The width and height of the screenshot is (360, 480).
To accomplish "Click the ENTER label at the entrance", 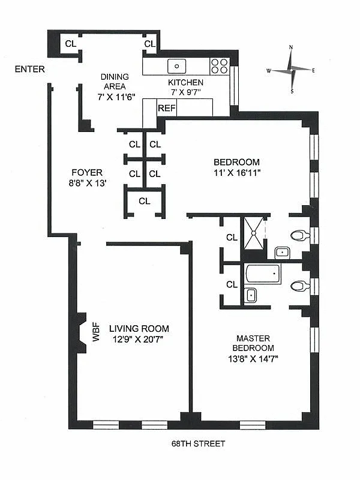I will (x=30, y=70).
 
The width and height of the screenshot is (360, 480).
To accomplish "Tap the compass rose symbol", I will (x=291, y=70).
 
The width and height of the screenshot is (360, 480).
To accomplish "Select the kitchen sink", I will (x=177, y=65).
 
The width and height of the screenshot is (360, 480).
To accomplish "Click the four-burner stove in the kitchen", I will (x=220, y=65).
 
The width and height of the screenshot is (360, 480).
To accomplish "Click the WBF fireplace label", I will (x=95, y=335).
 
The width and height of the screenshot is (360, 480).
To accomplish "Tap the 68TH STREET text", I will (x=197, y=444).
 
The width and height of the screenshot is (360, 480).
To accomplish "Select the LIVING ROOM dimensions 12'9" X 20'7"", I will (x=139, y=339).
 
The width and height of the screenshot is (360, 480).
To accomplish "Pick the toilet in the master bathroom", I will (x=298, y=286).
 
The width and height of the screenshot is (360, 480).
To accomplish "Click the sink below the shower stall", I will (x=281, y=253).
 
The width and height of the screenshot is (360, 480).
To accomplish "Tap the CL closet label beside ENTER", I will (x=70, y=43).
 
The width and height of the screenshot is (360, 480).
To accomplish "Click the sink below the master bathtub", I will (x=251, y=295).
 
